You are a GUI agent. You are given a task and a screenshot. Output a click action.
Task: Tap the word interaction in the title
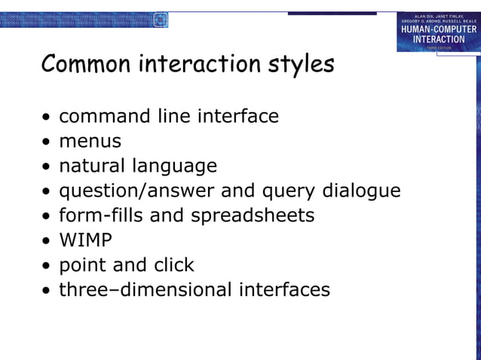(x=200, y=65)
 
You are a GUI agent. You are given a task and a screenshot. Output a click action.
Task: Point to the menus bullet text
(x=90, y=142)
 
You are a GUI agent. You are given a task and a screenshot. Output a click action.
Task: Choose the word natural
(x=93, y=166)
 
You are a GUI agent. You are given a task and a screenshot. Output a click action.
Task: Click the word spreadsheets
(x=252, y=216)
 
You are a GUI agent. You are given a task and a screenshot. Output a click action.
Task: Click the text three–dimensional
(x=146, y=290)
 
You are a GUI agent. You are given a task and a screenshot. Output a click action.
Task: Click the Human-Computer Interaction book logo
(x=438, y=32)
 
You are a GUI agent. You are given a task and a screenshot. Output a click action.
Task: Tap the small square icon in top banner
(x=160, y=20)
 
